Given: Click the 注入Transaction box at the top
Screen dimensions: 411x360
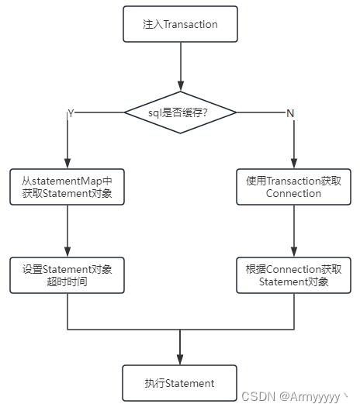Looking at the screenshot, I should [180, 24].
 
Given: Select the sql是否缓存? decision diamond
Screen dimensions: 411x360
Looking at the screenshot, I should [180, 113].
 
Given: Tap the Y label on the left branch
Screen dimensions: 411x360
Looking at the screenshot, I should [71, 113].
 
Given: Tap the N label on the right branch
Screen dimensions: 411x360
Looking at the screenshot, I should [290, 113].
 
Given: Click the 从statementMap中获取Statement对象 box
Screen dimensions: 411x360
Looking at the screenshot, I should [67, 187].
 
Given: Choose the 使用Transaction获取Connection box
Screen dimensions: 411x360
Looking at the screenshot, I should [293, 187].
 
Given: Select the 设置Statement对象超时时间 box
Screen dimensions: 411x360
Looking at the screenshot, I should [67, 275].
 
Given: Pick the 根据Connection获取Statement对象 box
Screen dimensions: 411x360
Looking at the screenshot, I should [293, 275].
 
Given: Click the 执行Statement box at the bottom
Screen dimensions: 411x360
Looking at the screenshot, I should [180, 383].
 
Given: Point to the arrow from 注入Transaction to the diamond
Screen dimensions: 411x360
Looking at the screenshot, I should [180, 66].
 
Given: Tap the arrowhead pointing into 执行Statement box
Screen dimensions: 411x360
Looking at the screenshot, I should [180, 360].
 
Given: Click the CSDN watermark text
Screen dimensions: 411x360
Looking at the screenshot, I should [256, 396].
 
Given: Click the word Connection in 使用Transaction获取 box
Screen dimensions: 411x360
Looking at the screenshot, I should [293, 193].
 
